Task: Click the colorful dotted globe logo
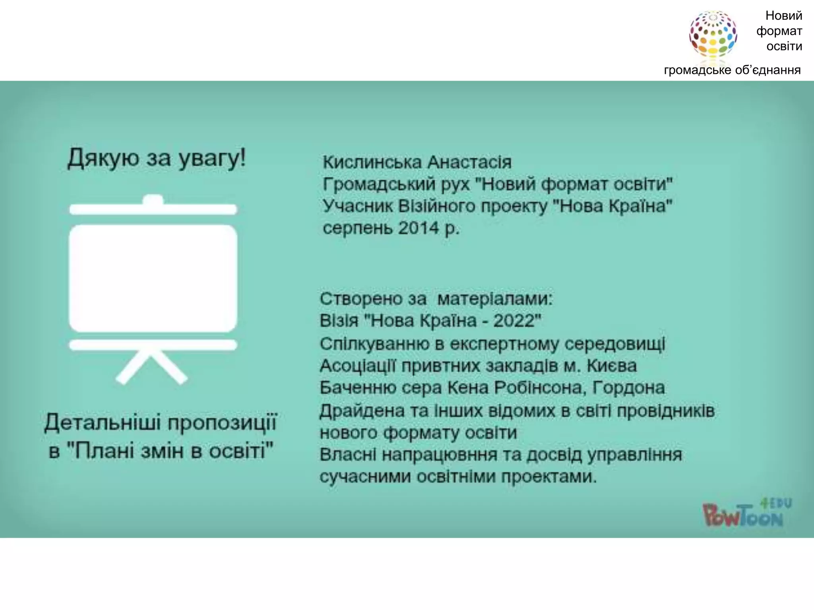713,35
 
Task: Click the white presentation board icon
153,278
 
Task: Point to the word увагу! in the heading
212,158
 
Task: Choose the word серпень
358,229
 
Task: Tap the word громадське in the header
697,70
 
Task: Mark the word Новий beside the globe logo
783,16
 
